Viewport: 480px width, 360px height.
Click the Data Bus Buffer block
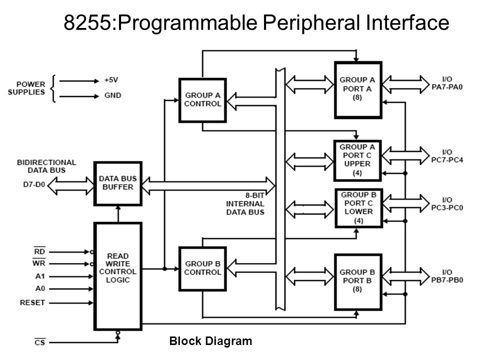118,183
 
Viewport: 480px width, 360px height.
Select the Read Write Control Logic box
118,276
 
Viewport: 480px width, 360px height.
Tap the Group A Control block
202,100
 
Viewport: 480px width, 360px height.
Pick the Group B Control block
202,269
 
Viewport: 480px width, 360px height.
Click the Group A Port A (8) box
358,90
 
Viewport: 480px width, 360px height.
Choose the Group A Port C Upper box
357,160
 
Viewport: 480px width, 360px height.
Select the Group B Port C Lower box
359,208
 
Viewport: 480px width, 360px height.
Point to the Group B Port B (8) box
358,282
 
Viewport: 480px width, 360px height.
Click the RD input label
39,251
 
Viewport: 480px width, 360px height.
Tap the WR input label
39,263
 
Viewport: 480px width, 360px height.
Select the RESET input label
32,302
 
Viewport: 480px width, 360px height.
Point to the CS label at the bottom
40,342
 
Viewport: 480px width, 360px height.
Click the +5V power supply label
111,80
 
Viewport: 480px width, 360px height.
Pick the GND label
112,95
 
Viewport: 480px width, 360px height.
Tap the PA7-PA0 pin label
447,87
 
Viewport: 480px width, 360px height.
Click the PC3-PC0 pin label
447,207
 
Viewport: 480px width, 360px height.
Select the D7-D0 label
34,184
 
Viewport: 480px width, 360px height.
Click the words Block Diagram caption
210,340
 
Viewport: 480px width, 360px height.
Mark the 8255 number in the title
87,22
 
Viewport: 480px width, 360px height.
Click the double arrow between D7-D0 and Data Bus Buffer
70,186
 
